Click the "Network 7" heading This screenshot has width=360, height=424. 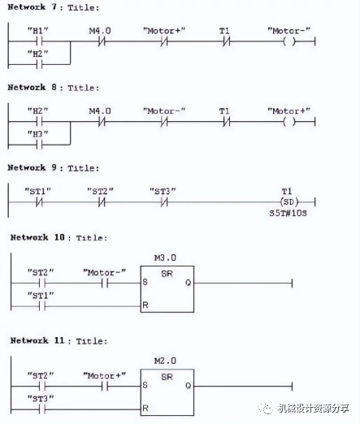coord(33,7)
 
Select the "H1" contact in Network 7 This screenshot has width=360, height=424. coord(40,41)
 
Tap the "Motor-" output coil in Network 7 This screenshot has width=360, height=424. coord(289,41)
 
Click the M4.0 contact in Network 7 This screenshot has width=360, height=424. coord(102,41)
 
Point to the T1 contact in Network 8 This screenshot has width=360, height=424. coord(227,122)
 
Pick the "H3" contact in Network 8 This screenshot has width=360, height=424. coord(40,145)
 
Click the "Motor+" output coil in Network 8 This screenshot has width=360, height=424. coord(289,122)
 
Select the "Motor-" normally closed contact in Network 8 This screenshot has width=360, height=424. coord(164,122)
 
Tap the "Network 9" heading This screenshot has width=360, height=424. coord(33,167)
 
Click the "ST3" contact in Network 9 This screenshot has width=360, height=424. coord(164,202)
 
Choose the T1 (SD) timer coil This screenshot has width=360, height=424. coord(289,202)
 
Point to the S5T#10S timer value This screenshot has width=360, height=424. coord(288,213)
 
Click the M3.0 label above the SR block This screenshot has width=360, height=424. coord(165,257)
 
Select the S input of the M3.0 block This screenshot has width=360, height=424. coord(145,282)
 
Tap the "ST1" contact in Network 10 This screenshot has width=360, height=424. coord(42,306)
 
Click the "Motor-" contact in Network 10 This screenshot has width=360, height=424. coord(105,283)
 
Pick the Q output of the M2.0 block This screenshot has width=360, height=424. coord(188,386)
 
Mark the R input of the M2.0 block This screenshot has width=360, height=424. coord(145,408)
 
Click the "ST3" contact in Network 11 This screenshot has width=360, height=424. coord(42,409)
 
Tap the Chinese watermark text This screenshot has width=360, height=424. coord(314,408)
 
